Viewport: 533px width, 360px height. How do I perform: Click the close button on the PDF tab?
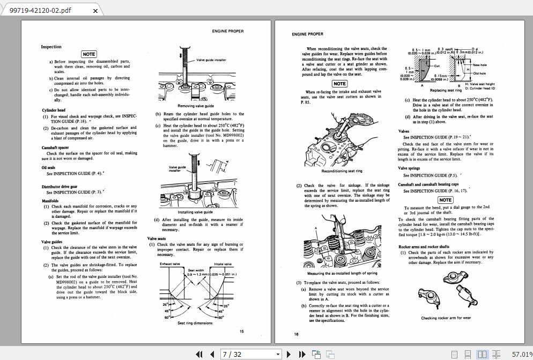pos(95,11)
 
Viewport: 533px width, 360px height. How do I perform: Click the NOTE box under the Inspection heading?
pos(88,54)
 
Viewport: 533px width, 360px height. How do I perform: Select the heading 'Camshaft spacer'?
pos(55,148)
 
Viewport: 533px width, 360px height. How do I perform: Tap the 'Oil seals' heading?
pos(48,168)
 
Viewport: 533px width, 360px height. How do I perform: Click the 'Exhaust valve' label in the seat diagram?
pos(170,264)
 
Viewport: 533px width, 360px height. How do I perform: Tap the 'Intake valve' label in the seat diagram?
pos(223,264)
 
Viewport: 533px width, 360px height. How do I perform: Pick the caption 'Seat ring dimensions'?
pos(195,323)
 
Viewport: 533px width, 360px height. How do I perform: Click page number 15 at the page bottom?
pos(242,331)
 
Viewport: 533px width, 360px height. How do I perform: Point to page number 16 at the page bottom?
pos(296,334)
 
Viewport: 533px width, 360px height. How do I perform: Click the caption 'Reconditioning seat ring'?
pos(342,171)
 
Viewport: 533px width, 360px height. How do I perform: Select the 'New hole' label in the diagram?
pos(479,65)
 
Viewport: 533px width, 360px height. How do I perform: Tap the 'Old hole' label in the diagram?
pos(479,74)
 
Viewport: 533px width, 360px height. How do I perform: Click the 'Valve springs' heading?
pos(409,168)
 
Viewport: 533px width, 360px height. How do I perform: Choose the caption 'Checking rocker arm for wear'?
pos(446,318)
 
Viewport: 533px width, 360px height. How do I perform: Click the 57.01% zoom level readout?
pos(522,354)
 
